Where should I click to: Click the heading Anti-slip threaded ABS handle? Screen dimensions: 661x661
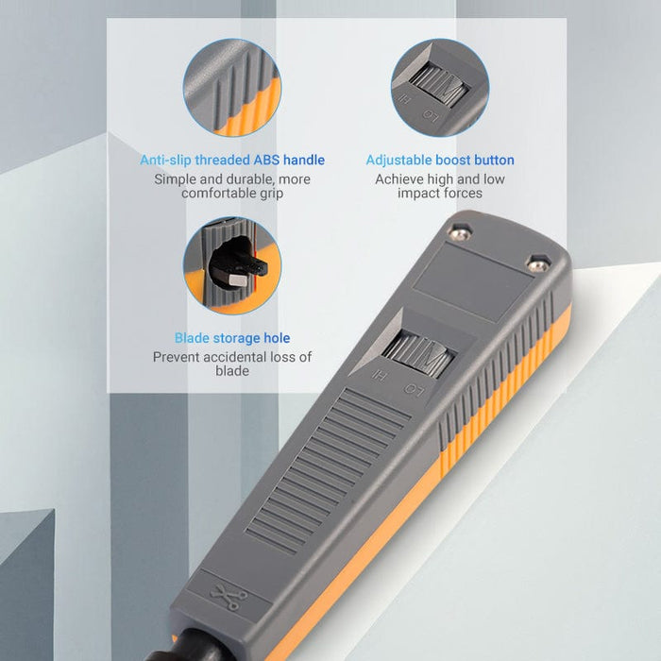232,160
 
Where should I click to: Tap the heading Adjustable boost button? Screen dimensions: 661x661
440,160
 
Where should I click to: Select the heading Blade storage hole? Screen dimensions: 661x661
232,338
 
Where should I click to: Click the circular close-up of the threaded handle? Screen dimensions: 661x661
232,87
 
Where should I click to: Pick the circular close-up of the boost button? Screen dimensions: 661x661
440,87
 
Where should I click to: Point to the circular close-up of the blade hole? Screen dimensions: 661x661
232,266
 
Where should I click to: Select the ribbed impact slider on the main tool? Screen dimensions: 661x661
418,355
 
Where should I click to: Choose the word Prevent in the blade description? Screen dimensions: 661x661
179,357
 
